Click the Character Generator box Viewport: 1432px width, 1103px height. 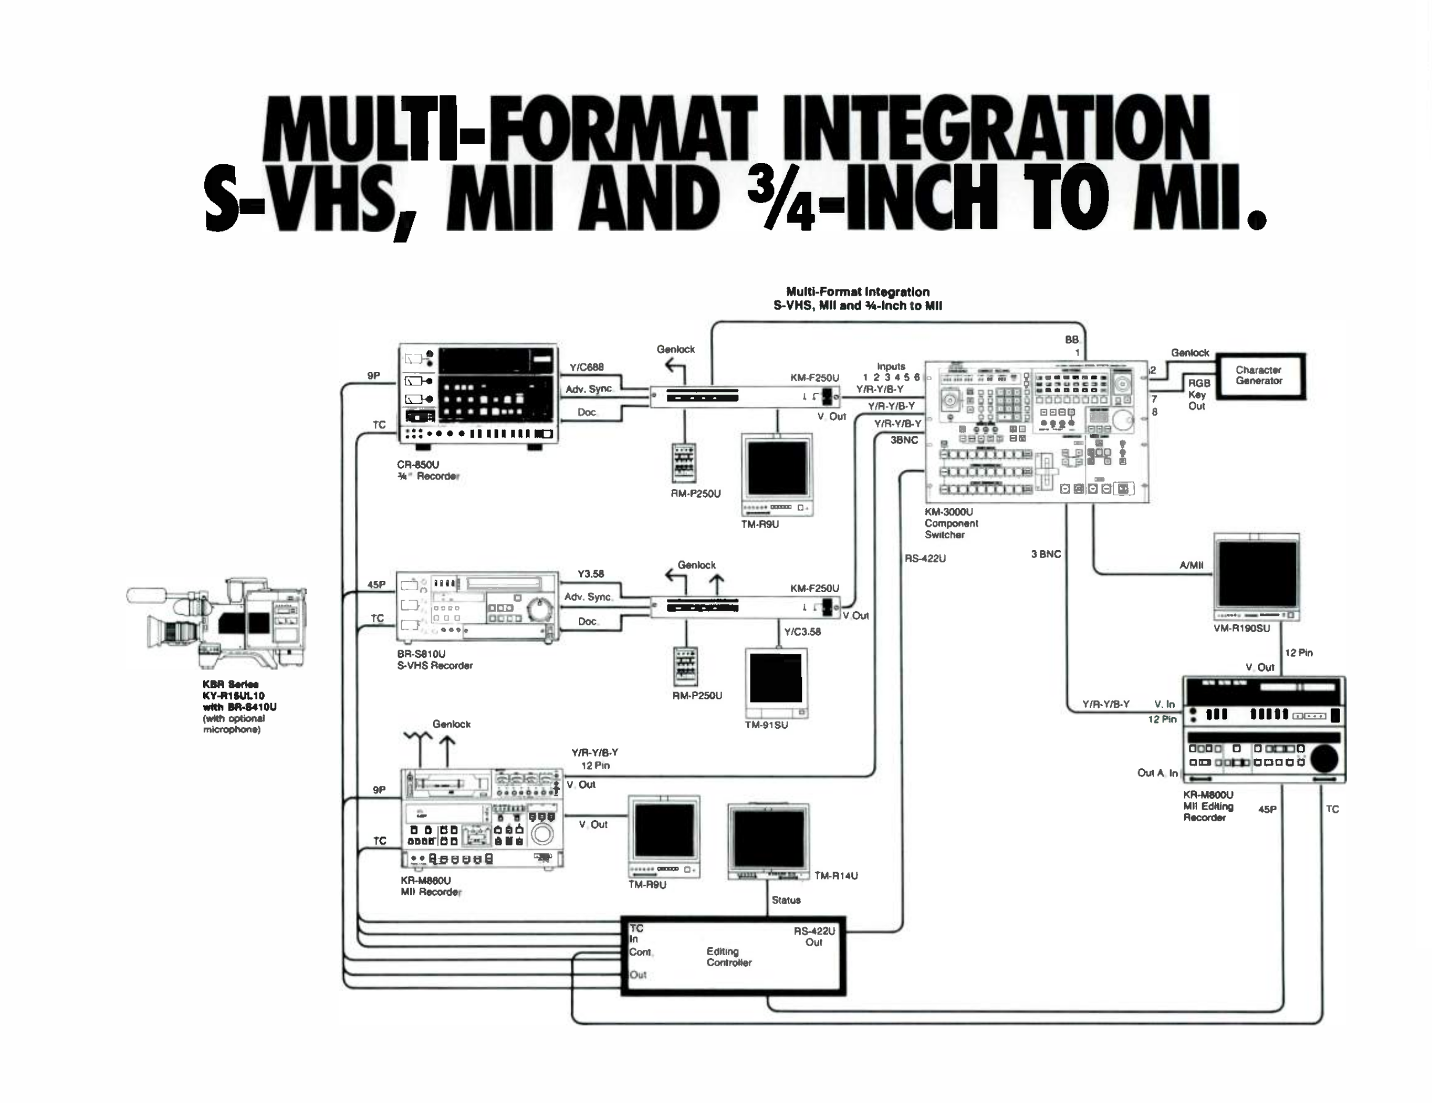1260,376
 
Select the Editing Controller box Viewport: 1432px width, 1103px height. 733,956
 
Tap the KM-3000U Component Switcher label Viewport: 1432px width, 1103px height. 951,523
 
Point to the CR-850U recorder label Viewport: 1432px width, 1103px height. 428,470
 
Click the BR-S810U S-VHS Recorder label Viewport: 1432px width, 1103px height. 434,659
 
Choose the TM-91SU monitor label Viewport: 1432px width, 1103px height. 766,725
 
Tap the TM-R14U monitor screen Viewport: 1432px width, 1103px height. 769,839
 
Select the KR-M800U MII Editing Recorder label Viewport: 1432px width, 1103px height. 1208,806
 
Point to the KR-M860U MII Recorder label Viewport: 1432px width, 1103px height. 430,886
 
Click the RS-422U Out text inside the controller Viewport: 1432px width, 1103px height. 813,937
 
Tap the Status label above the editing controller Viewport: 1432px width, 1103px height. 786,900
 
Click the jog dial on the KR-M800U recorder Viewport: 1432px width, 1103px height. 1323,759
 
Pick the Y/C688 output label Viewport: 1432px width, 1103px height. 586,367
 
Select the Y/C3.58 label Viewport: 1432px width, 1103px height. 802,632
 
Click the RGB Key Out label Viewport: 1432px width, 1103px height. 1198,394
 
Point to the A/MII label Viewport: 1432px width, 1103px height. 1191,565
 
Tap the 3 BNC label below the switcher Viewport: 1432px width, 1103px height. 1045,554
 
